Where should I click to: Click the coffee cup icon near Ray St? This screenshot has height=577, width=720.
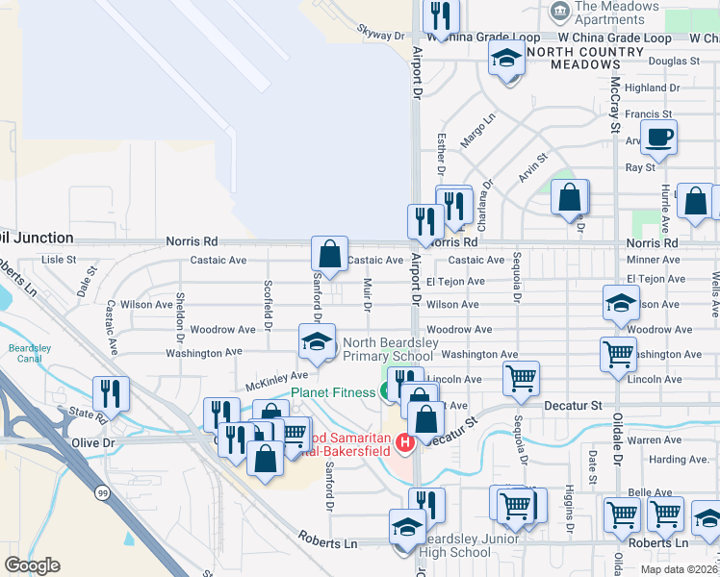[x=658, y=137]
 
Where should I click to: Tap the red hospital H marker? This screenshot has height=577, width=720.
[x=405, y=442]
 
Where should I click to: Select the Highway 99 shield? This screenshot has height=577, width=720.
[x=100, y=492]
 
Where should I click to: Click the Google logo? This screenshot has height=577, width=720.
[x=32, y=565]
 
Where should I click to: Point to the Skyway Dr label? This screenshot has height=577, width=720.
[x=380, y=35]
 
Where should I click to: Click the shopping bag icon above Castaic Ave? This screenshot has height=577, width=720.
[x=329, y=255]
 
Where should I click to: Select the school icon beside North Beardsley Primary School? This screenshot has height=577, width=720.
[x=316, y=340]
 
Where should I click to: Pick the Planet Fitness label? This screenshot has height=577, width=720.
[x=334, y=392]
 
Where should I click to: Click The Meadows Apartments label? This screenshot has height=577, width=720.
[x=616, y=13]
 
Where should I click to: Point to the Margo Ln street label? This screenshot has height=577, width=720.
[x=476, y=130]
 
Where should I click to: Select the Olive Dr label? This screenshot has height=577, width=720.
[x=93, y=442]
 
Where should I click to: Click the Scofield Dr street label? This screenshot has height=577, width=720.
[x=269, y=302]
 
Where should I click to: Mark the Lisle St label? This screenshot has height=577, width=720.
[x=59, y=260]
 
